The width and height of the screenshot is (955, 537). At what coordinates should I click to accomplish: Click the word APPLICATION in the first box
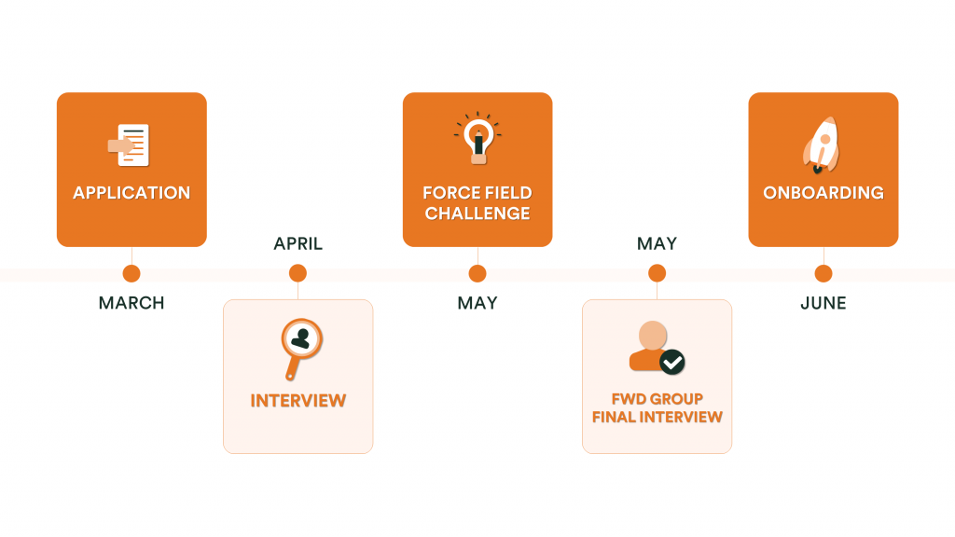click(131, 193)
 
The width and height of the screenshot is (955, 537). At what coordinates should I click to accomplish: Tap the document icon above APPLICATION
click(130, 145)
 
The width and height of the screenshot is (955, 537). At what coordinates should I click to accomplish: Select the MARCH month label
click(131, 303)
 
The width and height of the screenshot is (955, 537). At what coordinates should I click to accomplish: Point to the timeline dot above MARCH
click(131, 273)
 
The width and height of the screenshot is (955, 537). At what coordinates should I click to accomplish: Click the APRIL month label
click(298, 244)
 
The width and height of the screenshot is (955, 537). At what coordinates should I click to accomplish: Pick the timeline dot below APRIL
click(298, 273)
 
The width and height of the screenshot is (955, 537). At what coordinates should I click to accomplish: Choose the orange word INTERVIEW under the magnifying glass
click(298, 401)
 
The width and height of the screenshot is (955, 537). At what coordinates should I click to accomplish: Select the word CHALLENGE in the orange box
click(477, 213)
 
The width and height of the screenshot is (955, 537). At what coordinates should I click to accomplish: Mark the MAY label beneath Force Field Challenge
click(477, 303)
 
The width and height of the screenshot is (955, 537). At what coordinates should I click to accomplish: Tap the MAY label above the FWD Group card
click(657, 244)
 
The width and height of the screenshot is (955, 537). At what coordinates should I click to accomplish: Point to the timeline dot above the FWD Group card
click(657, 273)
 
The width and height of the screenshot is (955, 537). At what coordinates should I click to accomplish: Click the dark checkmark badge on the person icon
click(672, 362)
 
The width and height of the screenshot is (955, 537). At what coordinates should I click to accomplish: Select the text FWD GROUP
click(657, 400)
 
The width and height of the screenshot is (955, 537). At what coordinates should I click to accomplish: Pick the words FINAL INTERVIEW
click(657, 417)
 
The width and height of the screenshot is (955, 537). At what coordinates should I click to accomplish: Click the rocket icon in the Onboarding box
click(821, 145)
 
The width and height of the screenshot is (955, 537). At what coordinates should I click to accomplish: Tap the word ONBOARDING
click(824, 193)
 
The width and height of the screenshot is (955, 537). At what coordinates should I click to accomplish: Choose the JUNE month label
click(824, 303)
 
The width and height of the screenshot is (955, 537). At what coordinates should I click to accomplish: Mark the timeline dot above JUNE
click(824, 273)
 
